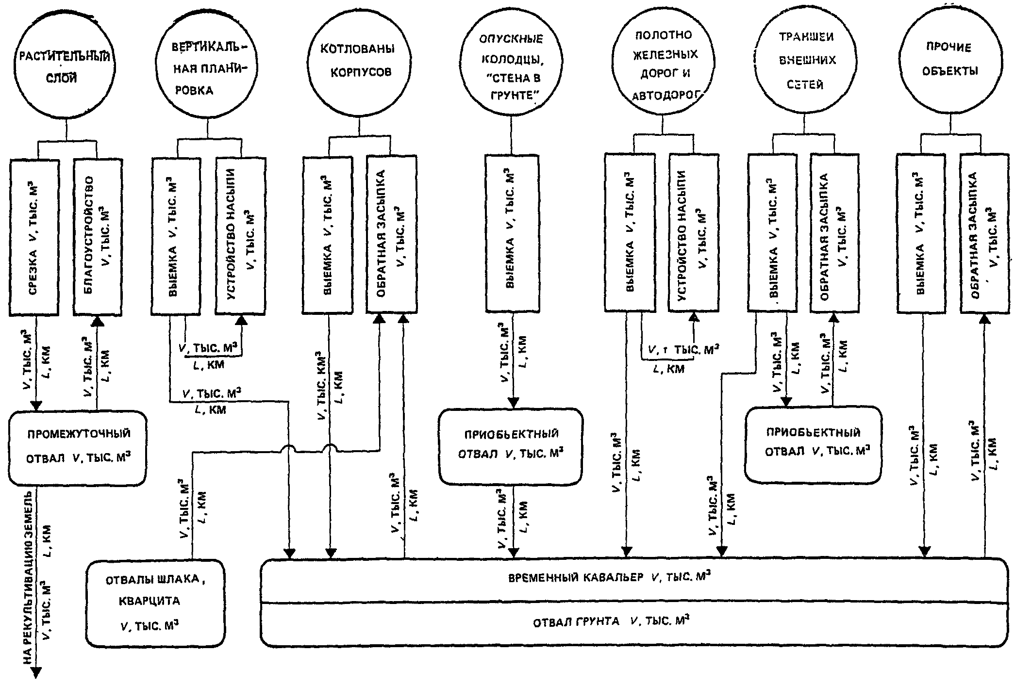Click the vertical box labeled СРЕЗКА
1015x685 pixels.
pos(34,237)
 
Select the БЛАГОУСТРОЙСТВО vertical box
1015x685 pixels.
pos(98,237)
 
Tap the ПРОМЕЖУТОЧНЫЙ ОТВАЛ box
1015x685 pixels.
pos(78,448)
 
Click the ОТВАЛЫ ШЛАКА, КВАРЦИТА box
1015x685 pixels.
pos(156,603)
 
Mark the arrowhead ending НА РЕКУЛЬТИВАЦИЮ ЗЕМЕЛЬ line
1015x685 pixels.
pos(36,672)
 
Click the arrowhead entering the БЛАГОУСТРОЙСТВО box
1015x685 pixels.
pos(98,321)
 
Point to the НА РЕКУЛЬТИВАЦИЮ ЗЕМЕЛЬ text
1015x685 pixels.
pos(28,577)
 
